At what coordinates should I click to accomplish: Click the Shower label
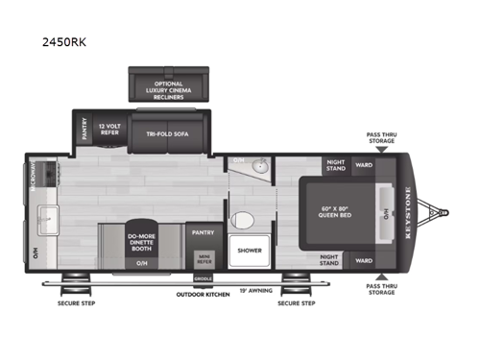(249, 251)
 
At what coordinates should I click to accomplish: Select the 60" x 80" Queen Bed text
(335, 213)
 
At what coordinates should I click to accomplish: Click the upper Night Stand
(335, 166)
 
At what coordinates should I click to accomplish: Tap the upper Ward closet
(364, 164)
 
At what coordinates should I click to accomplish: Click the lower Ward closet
(364, 260)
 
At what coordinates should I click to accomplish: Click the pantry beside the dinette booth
(203, 232)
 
